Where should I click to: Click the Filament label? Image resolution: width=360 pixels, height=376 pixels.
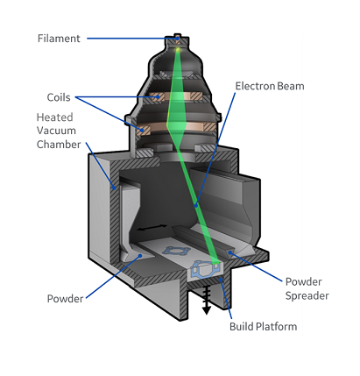point(59,39)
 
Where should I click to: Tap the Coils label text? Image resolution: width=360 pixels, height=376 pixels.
point(59,97)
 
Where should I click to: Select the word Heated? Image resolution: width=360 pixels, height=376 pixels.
point(54,117)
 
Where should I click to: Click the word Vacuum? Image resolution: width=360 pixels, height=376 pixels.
point(56,131)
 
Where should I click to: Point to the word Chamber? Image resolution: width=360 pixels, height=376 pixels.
point(59,145)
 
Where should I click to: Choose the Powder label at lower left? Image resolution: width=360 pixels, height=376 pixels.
point(65,299)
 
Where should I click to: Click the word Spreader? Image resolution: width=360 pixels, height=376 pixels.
point(307,295)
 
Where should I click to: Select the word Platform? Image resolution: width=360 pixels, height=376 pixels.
point(276,326)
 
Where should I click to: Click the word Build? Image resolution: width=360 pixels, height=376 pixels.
point(241,326)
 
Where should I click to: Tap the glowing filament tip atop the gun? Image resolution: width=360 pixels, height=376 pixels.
point(177,49)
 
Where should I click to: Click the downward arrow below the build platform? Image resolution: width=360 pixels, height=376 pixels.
point(207,300)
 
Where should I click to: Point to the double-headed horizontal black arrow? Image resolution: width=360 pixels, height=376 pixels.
point(152,227)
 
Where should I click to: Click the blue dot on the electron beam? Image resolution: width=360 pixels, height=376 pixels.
point(196,205)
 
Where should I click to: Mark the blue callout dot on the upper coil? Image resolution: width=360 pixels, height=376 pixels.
point(158,96)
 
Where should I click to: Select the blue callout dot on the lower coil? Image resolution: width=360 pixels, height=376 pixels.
point(142,130)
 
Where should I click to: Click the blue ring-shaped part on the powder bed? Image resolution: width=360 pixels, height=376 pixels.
point(176,251)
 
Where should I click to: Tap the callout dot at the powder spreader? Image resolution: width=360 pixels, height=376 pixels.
point(230,252)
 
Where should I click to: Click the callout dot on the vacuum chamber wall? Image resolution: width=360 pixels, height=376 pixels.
point(115,188)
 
